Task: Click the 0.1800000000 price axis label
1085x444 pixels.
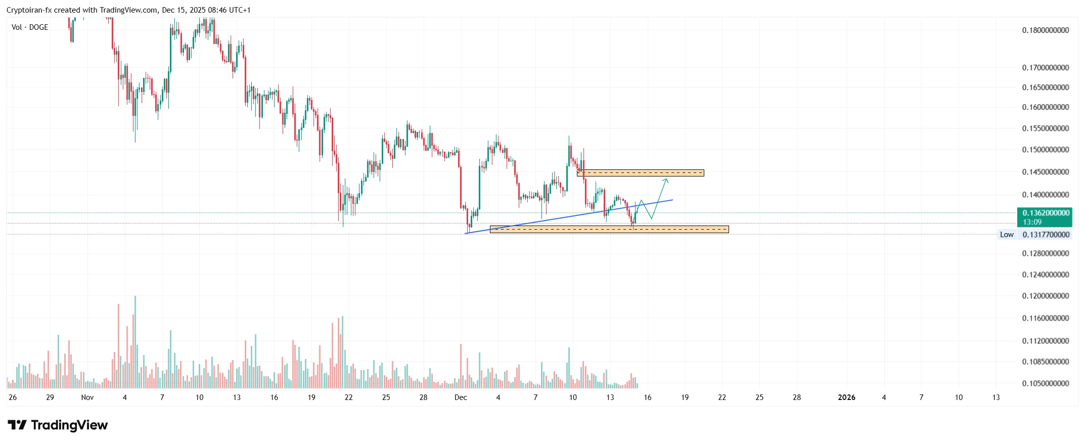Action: coord(1045,30)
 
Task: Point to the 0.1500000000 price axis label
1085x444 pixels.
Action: coord(1045,150)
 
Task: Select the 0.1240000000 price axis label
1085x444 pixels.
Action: coord(1045,275)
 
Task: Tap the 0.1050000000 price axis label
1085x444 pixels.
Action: coord(1045,383)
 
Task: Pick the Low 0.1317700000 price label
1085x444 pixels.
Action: coord(1035,235)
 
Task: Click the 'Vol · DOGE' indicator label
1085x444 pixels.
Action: coord(30,27)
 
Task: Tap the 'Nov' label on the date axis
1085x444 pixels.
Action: coord(87,397)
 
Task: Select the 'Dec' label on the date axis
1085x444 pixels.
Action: coord(461,397)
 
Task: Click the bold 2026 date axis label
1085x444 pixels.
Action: coord(846,397)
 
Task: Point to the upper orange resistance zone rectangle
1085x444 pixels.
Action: coord(641,173)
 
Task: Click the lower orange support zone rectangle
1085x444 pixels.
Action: coord(609,229)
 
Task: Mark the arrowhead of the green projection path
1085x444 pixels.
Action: coord(666,180)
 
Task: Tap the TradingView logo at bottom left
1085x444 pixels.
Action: coord(58,425)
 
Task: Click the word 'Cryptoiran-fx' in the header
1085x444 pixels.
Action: coord(29,10)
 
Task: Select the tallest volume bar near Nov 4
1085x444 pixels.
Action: coord(135,341)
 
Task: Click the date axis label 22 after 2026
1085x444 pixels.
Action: coord(722,397)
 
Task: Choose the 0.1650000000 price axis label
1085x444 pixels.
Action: coord(1045,87)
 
